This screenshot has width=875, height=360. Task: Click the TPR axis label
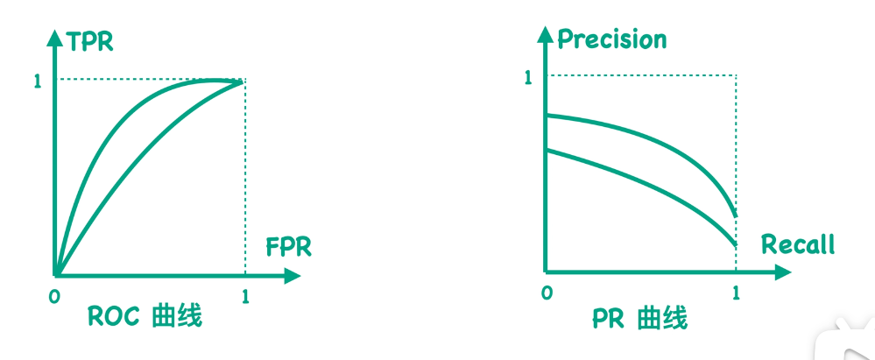click(x=91, y=41)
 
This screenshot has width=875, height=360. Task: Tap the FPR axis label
click(x=288, y=247)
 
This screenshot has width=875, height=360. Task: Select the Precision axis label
click(x=611, y=39)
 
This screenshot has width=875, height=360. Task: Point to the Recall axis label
click(x=797, y=244)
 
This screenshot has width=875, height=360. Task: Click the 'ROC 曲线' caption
click(x=145, y=315)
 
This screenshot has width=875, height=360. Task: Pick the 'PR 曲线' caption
click(x=639, y=317)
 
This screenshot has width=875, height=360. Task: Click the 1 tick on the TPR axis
click(x=37, y=81)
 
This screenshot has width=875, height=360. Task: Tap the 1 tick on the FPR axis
click(x=245, y=296)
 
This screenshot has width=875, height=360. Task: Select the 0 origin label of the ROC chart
click(x=54, y=296)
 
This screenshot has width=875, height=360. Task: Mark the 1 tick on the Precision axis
click(x=527, y=78)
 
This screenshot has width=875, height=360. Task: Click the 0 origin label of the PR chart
click(x=547, y=293)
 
